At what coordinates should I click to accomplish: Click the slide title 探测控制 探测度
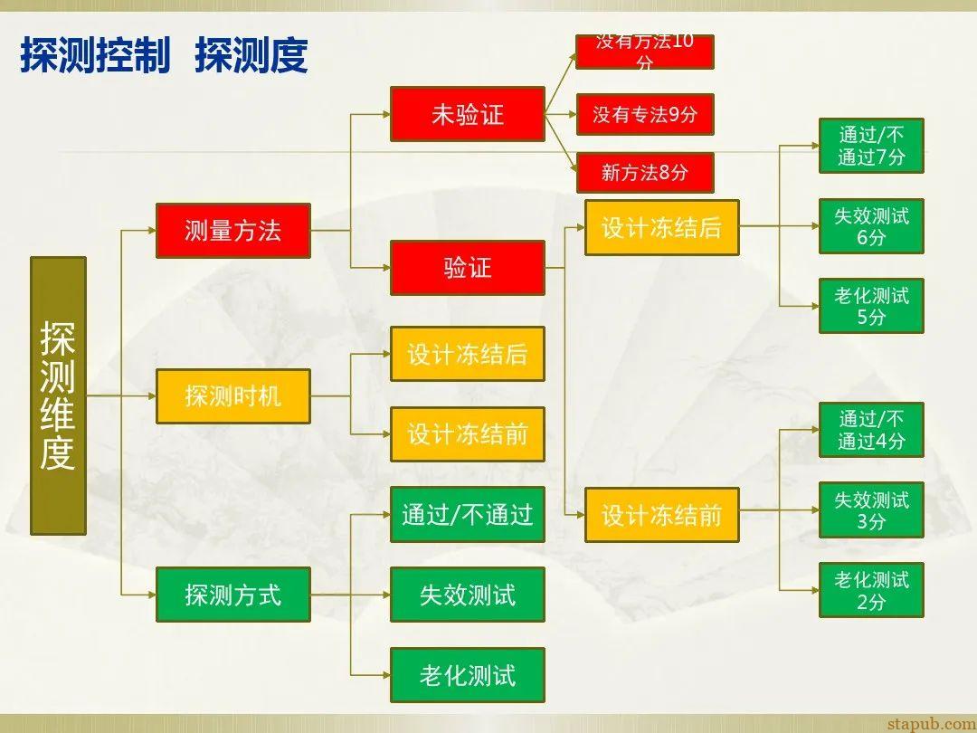(164, 55)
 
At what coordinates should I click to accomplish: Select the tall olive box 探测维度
(58, 395)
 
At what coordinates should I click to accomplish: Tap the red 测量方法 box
(232, 231)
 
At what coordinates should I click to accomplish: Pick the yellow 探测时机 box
(232, 396)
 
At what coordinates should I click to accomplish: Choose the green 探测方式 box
(232, 595)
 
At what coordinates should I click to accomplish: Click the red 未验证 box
(467, 114)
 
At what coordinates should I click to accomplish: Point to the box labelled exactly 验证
(467, 268)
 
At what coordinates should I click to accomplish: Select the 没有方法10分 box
(644, 52)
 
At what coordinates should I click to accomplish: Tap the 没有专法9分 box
(644, 115)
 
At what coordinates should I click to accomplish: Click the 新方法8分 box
(644, 172)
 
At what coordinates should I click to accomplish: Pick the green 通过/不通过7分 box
(870, 146)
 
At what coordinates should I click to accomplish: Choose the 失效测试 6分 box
(870, 226)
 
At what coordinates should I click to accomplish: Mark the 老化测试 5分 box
(870, 306)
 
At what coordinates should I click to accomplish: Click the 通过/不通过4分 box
(870, 430)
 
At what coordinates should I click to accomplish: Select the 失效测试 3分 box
(870, 510)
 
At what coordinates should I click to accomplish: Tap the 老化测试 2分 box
(870, 590)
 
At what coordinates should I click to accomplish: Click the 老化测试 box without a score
(467, 675)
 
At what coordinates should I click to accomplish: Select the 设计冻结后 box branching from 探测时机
(467, 354)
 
